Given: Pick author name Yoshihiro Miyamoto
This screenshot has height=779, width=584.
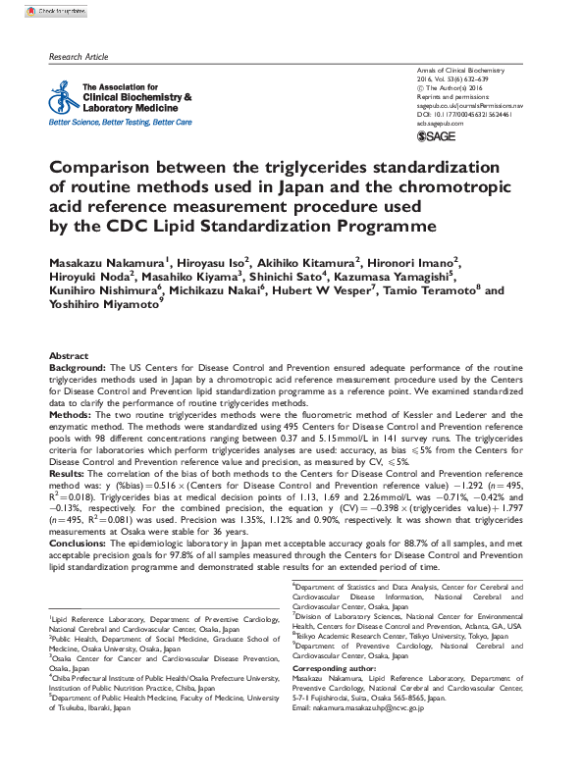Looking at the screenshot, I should [x=103, y=305].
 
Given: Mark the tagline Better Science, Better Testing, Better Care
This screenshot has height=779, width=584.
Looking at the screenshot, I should [x=120, y=123].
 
